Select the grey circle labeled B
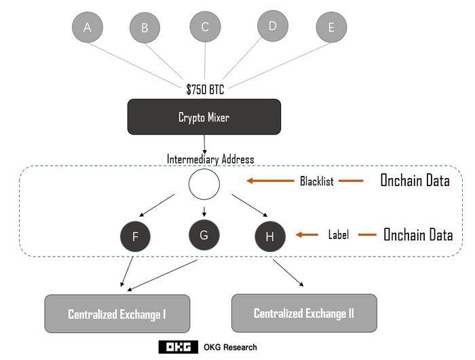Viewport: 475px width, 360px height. (x=145, y=28)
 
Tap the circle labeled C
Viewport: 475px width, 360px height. (x=205, y=26)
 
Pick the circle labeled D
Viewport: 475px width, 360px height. (x=273, y=26)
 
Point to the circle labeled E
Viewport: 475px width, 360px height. (x=331, y=27)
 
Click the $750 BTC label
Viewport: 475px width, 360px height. (x=205, y=89)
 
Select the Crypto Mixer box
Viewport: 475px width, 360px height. (x=204, y=117)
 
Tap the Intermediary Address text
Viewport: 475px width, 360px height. (x=210, y=160)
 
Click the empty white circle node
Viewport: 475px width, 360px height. (x=204, y=184)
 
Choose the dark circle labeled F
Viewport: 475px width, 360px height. (x=135, y=237)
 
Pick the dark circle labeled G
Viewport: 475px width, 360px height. (x=204, y=235)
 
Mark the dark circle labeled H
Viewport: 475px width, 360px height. (x=270, y=236)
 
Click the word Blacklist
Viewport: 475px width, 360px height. (x=317, y=181)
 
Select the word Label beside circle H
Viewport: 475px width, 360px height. (x=338, y=235)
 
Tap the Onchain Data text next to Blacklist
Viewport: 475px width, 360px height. (x=414, y=181)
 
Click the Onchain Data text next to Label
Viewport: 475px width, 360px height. (x=418, y=235)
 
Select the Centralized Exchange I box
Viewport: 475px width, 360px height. (x=117, y=314)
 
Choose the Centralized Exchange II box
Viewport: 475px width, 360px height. (x=304, y=313)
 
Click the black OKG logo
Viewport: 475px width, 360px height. (x=178, y=347)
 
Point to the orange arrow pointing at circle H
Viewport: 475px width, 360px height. (x=307, y=235)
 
